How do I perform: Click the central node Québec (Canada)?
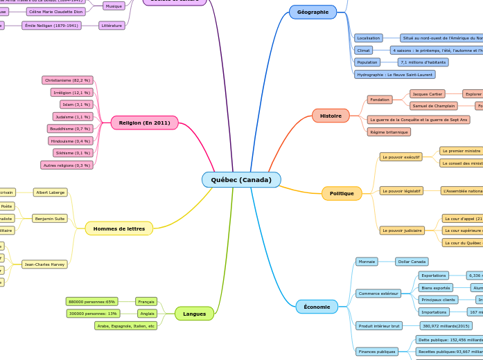241,180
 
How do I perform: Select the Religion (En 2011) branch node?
144,123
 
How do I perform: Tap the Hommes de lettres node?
119,228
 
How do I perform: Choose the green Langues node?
194,314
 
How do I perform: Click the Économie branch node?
317,307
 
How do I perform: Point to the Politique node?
342,193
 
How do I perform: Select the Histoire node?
331,116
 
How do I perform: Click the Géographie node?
313,12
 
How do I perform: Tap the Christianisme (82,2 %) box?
67,80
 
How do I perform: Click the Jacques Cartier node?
428,93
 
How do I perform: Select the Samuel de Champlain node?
434,106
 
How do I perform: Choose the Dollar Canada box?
412,262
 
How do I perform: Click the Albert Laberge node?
51,192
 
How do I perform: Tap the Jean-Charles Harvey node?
44,264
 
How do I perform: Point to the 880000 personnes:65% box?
91,302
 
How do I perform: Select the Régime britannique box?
389,132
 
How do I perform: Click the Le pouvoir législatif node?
401,190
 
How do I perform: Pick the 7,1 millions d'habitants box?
423,62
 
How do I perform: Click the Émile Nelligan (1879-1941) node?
51,26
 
